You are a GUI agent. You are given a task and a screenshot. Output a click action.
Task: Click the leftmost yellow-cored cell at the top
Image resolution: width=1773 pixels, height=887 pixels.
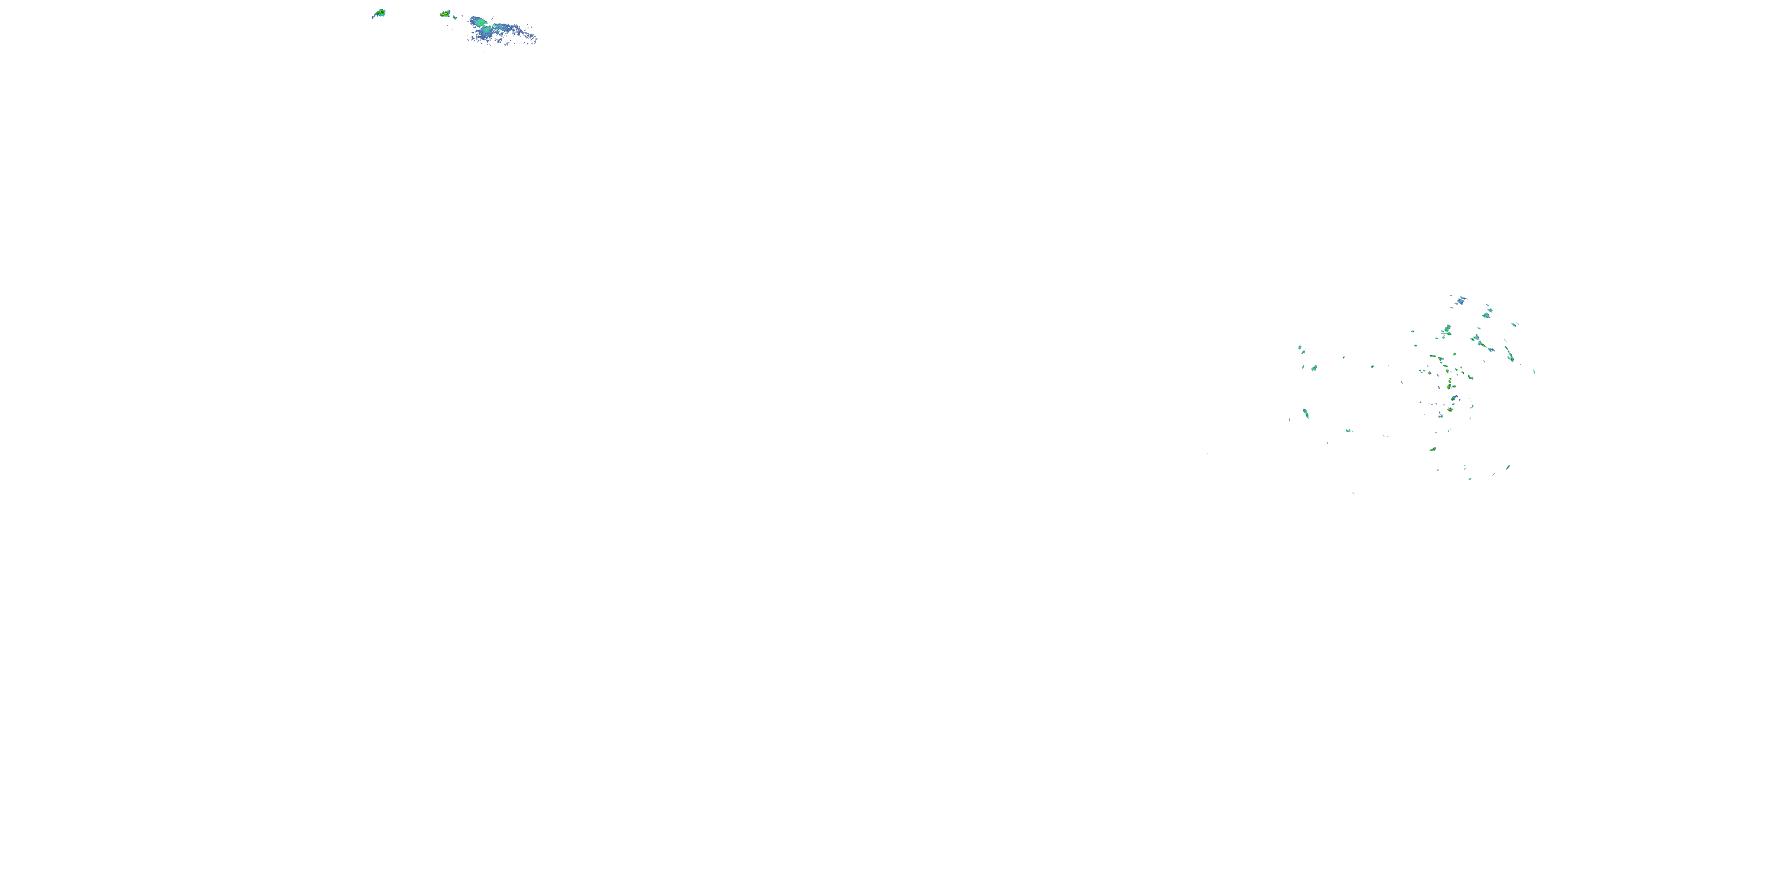click(x=379, y=13)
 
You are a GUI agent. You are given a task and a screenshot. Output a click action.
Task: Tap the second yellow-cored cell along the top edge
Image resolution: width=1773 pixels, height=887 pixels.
click(x=445, y=14)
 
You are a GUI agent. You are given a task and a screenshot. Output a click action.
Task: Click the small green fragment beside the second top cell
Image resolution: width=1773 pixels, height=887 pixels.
click(x=456, y=17)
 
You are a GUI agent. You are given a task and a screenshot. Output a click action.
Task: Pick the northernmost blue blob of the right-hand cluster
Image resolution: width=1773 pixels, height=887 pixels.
click(x=1460, y=300)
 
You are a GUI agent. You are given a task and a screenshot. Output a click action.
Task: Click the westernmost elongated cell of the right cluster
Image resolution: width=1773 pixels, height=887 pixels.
click(x=1305, y=413)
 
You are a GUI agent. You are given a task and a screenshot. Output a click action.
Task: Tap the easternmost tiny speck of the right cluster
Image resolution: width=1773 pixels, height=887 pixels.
click(x=1534, y=372)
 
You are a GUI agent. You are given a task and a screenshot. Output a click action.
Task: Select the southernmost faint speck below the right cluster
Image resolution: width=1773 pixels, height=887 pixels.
click(x=1354, y=493)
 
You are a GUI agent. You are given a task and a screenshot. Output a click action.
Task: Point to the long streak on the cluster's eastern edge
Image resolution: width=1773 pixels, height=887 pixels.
click(x=1509, y=354)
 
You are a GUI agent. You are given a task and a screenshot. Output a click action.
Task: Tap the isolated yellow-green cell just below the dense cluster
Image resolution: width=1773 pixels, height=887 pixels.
click(x=1433, y=449)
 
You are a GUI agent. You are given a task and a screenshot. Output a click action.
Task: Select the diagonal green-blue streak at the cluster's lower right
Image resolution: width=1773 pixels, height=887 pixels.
click(x=1507, y=468)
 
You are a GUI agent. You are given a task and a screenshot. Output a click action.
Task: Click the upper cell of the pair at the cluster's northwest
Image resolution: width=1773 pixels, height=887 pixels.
click(x=1301, y=349)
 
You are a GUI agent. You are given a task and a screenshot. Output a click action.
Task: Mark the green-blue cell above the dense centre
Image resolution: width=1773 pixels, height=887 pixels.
click(x=1447, y=331)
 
